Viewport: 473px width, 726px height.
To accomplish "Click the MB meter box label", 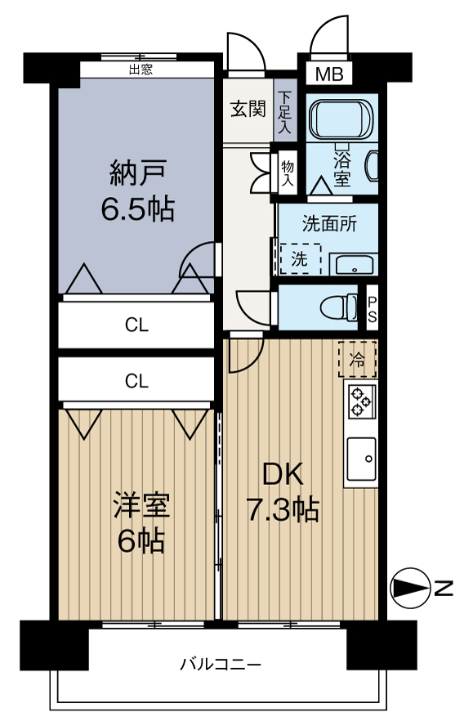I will (329, 74).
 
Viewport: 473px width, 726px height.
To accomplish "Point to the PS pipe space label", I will (371, 308).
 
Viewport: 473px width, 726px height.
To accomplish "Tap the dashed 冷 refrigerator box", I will (358, 358).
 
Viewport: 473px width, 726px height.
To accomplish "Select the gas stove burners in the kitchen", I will (360, 401).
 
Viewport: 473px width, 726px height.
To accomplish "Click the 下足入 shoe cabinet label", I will (284, 113).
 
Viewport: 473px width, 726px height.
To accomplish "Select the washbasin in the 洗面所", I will (355, 264).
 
